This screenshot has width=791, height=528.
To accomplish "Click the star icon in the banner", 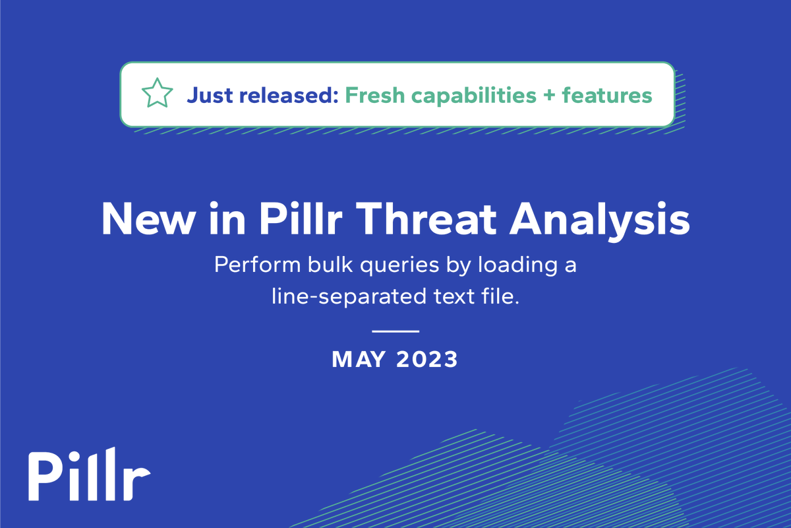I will tap(158, 95).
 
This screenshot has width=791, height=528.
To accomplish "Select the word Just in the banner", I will tap(210, 95).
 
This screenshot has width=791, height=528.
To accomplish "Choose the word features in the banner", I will tap(607, 95).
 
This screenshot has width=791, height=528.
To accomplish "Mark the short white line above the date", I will tap(395, 330).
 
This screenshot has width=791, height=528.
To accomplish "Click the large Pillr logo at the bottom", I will tap(89, 474).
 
